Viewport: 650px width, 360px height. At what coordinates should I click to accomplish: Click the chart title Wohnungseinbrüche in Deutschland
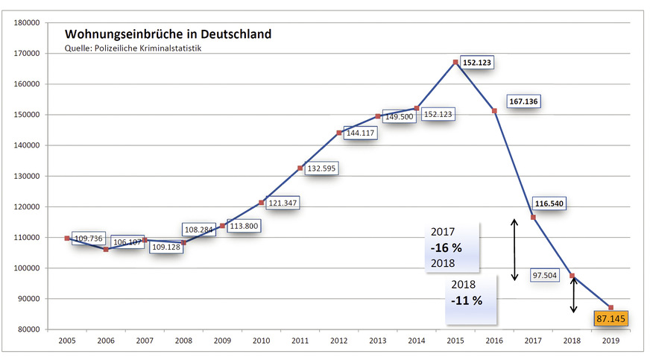[x=168, y=34]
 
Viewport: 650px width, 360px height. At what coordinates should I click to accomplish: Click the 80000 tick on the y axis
[x=27, y=329]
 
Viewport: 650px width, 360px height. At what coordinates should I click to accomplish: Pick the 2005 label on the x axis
[x=67, y=340]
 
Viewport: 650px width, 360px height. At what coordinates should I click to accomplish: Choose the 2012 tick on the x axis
[x=339, y=340]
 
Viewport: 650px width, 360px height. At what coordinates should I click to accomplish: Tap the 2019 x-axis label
[x=610, y=340]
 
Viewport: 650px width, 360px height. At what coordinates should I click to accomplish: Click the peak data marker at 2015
[x=455, y=62]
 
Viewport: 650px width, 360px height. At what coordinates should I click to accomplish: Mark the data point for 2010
[x=261, y=202]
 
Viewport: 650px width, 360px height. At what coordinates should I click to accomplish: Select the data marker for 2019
[x=610, y=307]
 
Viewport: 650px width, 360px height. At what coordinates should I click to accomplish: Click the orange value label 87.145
[x=611, y=319]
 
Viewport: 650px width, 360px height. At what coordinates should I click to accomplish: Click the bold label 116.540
[x=553, y=203]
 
